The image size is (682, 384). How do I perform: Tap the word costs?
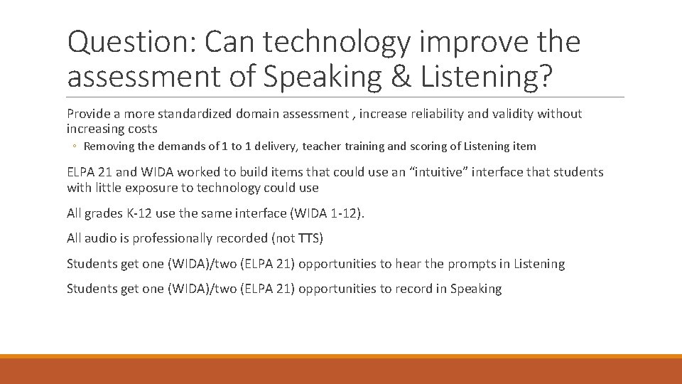[x=141, y=129]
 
